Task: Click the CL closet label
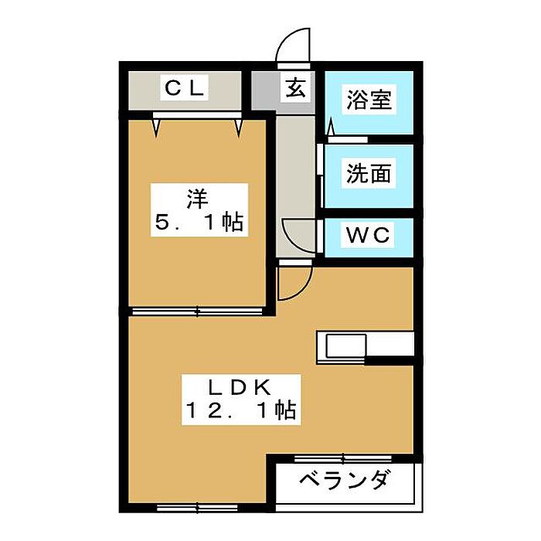[x=184, y=88]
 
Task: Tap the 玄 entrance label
[x=296, y=88]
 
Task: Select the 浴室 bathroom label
[x=369, y=100]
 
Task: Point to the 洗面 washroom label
[x=369, y=173]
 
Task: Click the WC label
[x=368, y=235]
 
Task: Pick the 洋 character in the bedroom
[x=198, y=199]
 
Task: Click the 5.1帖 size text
[x=199, y=222]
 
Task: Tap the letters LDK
[x=240, y=388]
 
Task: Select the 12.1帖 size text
[x=240, y=410]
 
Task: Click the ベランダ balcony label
[x=345, y=480]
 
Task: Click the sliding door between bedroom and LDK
[x=197, y=311]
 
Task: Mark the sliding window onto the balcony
[x=343, y=458]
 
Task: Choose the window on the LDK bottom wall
[x=197, y=508]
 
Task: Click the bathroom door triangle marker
[x=331, y=126]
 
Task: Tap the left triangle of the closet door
[x=157, y=128]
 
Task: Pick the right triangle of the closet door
[x=239, y=128]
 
